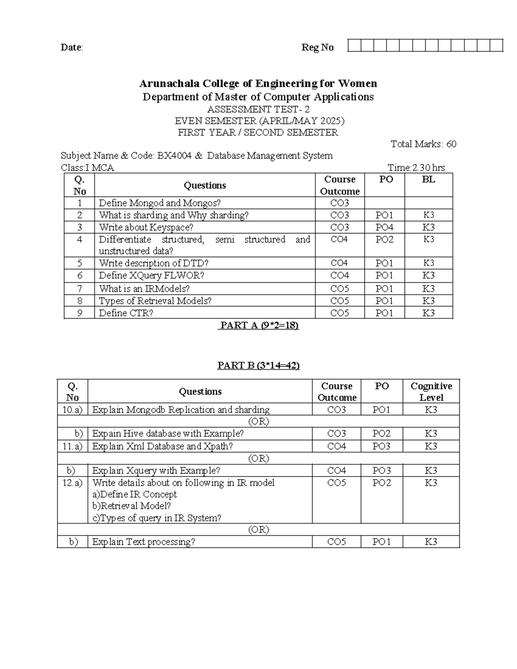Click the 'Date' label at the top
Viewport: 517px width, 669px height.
(71, 47)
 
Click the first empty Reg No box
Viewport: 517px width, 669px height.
(354, 46)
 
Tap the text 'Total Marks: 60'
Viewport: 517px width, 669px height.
(423, 144)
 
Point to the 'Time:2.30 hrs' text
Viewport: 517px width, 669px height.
(416, 168)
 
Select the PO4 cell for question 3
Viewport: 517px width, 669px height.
(384, 227)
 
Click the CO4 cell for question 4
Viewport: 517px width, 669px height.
(339, 239)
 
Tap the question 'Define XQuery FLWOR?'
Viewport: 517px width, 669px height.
(151, 275)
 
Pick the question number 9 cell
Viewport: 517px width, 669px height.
(79, 313)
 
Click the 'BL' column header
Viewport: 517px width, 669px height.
(428, 180)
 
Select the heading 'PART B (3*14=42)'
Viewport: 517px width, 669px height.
(258, 365)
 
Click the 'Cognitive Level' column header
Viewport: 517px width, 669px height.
(431, 392)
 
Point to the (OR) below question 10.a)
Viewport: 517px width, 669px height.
(258, 421)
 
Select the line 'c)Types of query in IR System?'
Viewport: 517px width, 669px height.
(157, 518)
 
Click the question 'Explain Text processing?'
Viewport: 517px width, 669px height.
(143, 542)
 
